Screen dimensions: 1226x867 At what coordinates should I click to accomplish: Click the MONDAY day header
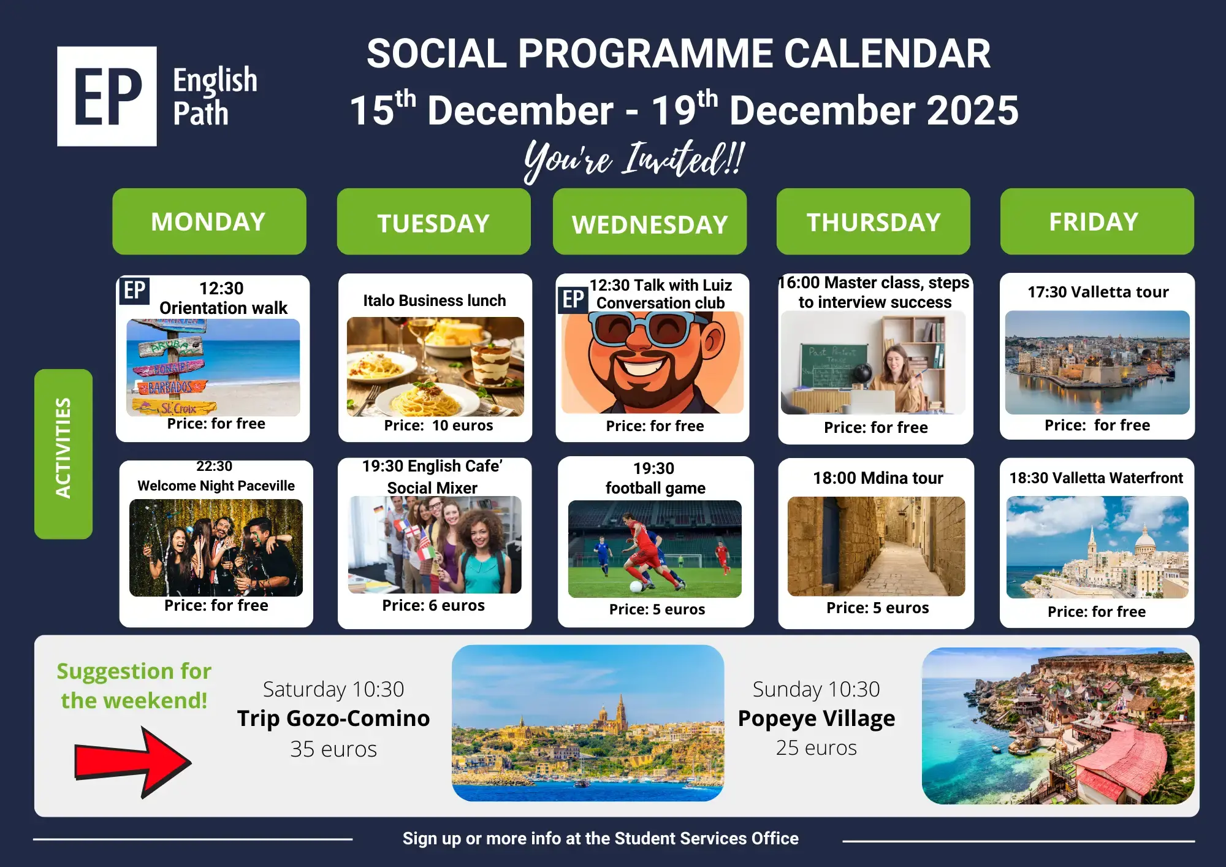pos(209,221)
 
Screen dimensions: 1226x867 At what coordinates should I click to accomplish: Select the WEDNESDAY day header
pos(650,221)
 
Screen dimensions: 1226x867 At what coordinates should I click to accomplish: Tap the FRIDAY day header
pos(1097,221)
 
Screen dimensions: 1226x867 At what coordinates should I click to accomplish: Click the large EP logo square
pos(107,96)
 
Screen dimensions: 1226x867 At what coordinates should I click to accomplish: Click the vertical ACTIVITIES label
pos(63,454)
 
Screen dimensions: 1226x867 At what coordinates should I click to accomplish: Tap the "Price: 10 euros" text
pos(438,426)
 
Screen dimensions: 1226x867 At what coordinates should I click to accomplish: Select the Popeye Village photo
pos(1058,726)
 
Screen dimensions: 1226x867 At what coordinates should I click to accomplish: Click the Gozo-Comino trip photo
pos(588,723)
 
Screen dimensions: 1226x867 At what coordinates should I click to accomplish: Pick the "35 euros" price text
pos(333,749)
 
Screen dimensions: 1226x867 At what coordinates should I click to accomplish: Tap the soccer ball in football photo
pos(637,586)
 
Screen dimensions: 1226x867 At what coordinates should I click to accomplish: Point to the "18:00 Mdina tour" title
pos(878,478)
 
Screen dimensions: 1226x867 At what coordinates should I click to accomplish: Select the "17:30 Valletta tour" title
pos(1098,292)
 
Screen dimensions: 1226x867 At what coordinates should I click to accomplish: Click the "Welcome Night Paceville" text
pos(216,486)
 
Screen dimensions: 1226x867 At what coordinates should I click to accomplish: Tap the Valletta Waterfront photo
pos(1097,547)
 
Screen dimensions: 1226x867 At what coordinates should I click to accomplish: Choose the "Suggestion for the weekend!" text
pos(134,686)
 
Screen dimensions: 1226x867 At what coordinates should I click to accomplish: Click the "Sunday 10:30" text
pos(817,689)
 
